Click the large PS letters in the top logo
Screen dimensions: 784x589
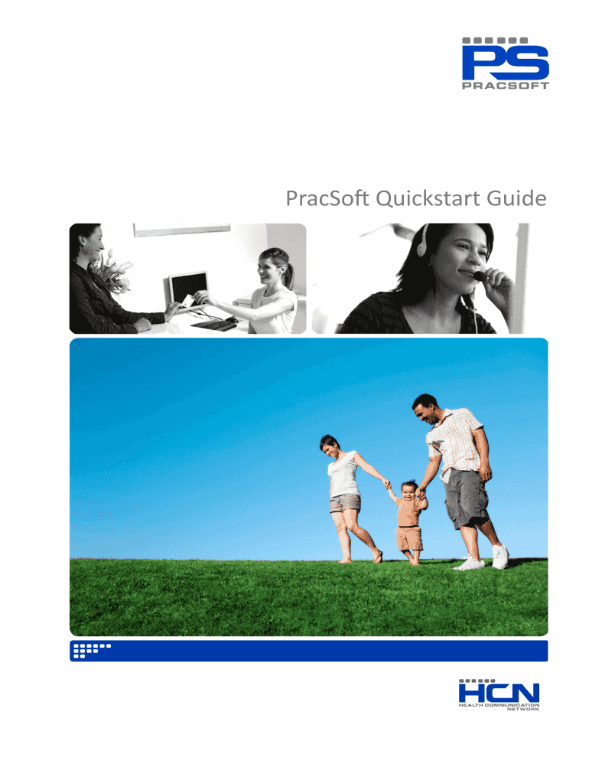pyautogui.click(x=506, y=62)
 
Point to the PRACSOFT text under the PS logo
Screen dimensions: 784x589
pyautogui.click(x=506, y=87)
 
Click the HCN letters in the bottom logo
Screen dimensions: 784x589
pyautogui.click(x=498, y=691)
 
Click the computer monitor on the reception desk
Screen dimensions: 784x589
pyautogui.click(x=188, y=287)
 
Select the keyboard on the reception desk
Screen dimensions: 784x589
pyautogui.click(x=213, y=325)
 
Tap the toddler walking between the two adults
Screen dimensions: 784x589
pyautogui.click(x=409, y=521)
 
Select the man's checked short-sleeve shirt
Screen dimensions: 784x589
pyautogui.click(x=457, y=440)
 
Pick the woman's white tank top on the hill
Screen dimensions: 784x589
pyautogui.click(x=344, y=475)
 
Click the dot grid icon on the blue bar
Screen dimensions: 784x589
pyautogui.click(x=89, y=651)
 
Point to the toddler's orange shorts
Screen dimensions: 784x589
pyautogui.click(x=409, y=538)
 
